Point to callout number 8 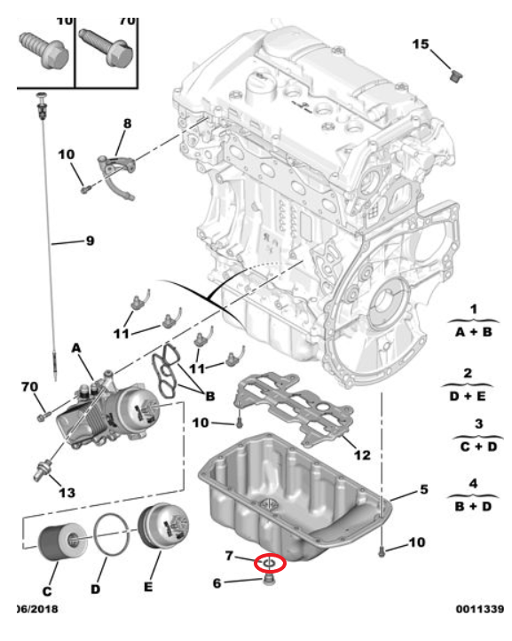point(127,124)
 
